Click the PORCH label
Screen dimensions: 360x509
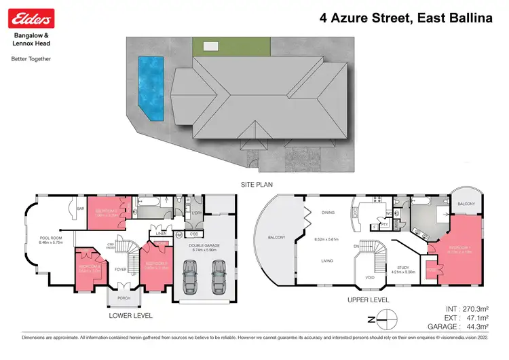(x=124, y=298)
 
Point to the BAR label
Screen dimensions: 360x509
(x=80, y=209)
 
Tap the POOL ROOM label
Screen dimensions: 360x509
(x=51, y=238)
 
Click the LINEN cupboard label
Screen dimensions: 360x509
(x=161, y=234)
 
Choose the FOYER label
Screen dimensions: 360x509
(x=121, y=269)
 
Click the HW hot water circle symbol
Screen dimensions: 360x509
(x=179, y=235)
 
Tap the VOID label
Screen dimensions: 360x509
(x=369, y=278)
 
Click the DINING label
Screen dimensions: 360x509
(x=327, y=212)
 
